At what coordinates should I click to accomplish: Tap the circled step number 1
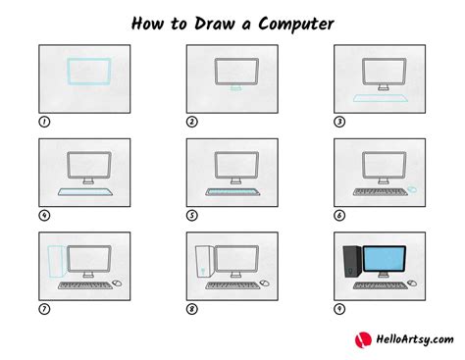pos(44,123)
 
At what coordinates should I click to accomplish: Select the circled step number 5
pos(193,215)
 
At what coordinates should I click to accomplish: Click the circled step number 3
pos(340,123)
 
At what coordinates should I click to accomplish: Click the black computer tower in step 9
pos(350,260)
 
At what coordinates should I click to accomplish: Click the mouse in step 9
pos(412,283)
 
